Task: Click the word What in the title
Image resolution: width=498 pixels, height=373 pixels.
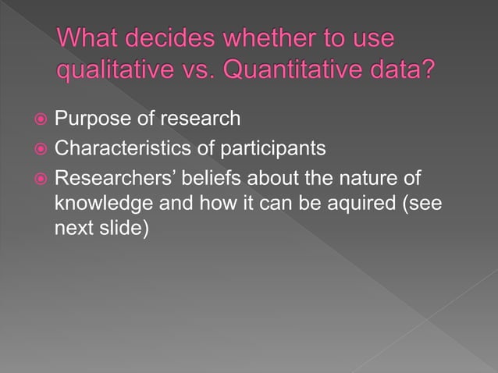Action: (87, 39)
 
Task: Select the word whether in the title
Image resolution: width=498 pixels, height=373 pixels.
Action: (268, 39)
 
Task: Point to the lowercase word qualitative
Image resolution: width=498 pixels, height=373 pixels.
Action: (111, 71)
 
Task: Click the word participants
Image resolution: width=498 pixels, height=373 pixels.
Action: (265, 147)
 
